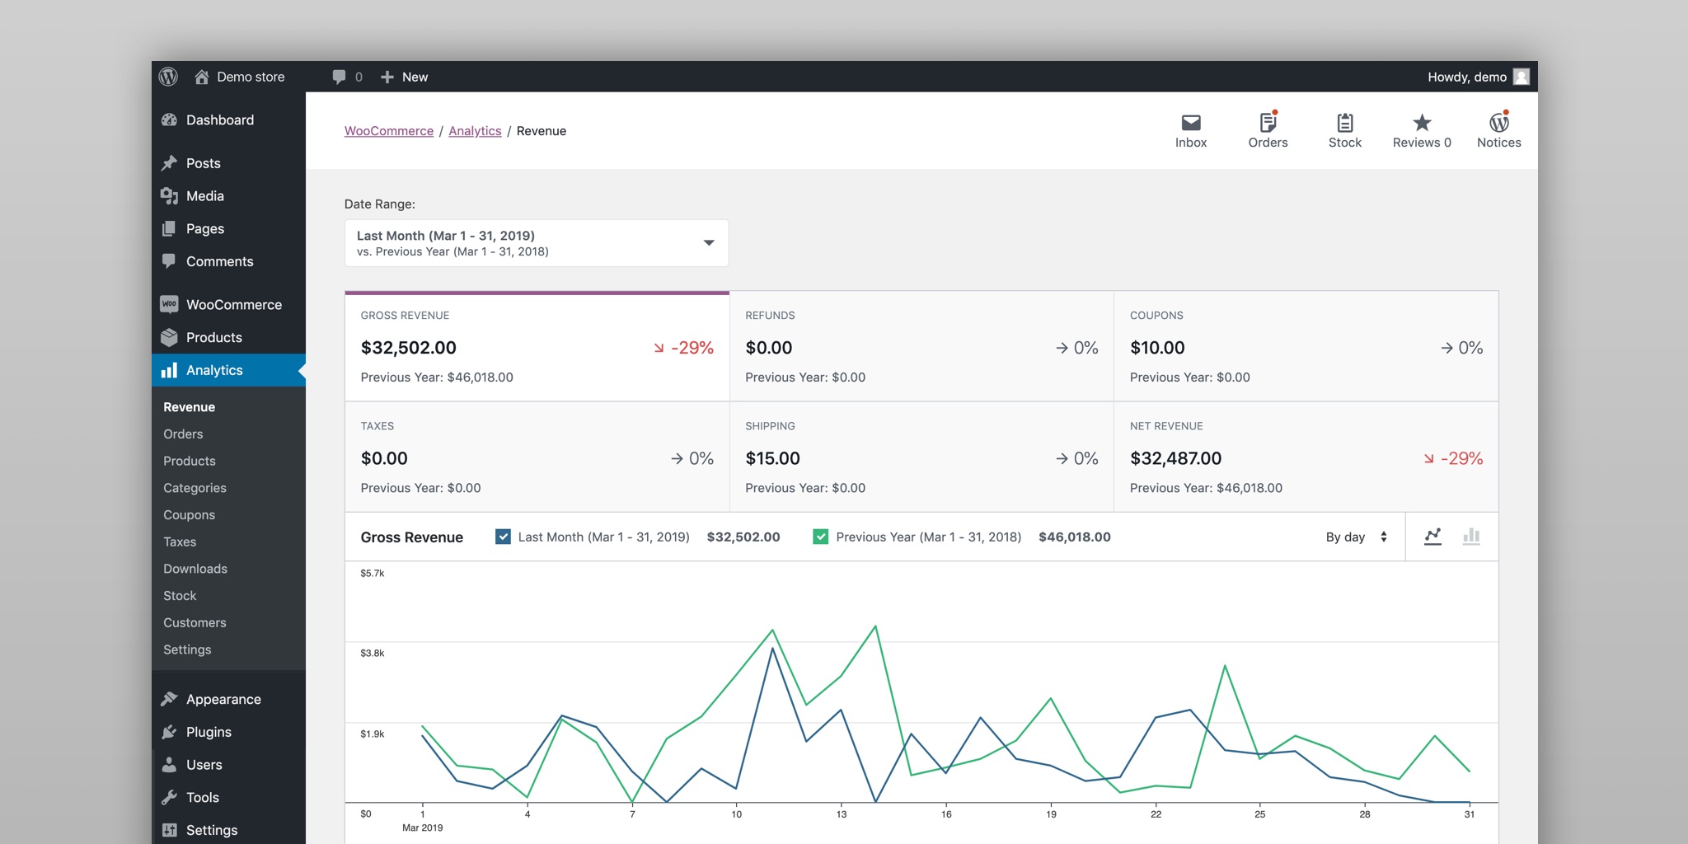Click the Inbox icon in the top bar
pos(1190,124)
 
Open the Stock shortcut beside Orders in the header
pos(1344,124)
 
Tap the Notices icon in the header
pos(1498,124)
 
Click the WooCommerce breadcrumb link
pos(388,131)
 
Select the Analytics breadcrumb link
pos(475,131)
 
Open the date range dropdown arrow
pos(708,243)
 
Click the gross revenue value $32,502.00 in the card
pos(408,348)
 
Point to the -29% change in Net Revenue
pos(1461,458)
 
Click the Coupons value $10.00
pos(1157,348)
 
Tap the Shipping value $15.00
pos(772,458)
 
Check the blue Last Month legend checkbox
pos(503,537)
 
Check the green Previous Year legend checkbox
pos(820,537)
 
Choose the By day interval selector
pos(1356,537)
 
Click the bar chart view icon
pos(1471,537)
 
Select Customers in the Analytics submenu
pos(195,622)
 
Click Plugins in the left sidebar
pos(209,732)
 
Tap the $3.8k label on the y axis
pos(373,653)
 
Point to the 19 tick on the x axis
pos(1051,814)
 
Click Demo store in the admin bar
pos(250,77)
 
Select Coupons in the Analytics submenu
pos(189,514)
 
